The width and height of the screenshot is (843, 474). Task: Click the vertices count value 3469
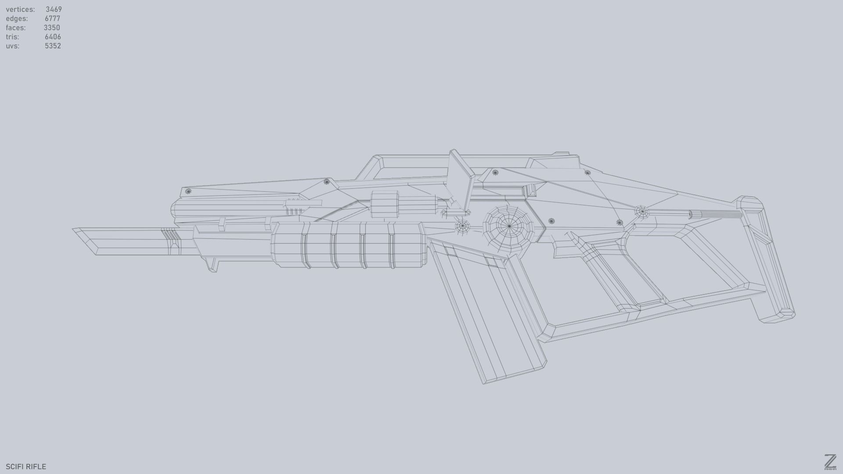click(54, 9)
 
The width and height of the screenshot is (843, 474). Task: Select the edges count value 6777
click(52, 18)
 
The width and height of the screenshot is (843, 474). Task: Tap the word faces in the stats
click(16, 28)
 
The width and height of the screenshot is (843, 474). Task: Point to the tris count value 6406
click(53, 37)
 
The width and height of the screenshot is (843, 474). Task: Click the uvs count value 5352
click(53, 46)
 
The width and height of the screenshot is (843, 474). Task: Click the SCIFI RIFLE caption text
click(26, 467)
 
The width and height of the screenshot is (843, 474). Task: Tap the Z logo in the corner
click(830, 462)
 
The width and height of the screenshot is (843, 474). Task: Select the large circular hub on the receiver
click(509, 226)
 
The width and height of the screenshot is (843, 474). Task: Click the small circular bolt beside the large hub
click(462, 226)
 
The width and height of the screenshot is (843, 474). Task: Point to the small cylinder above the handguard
click(385, 204)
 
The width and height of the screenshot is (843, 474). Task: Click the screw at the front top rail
click(188, 191)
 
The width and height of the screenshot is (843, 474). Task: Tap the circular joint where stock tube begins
click(642, 212)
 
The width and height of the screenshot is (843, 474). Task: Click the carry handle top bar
click(461, 158)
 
